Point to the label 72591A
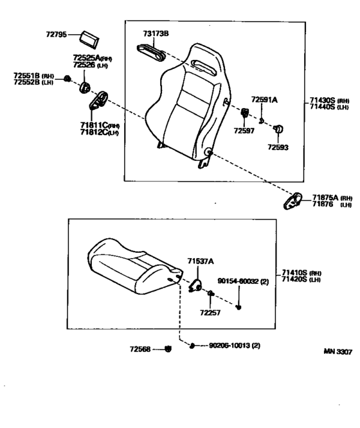click(x=264, y=100)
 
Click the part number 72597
click(x=244, y=131)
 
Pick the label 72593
click(x=278, y=147)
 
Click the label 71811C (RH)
click(x=99, y=125)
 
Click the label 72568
click(x=139, y=349)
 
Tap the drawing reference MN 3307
click(x=337, y=353)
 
